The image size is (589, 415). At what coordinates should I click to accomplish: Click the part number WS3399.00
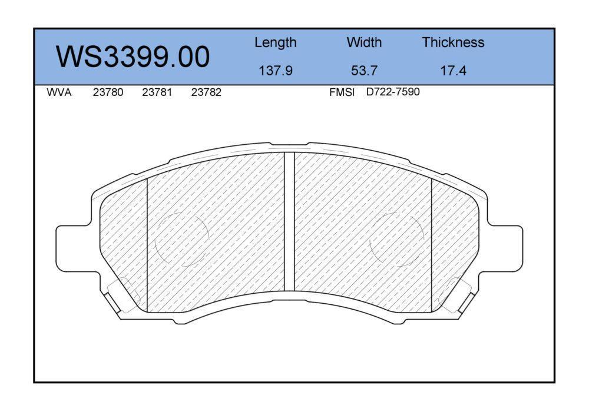[x=133, y=57]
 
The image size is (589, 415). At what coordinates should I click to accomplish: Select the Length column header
[x=275, y=43]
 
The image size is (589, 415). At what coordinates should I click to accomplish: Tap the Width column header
[x=364, y=42]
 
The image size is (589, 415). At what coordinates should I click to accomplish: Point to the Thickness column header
[x=453, y=42]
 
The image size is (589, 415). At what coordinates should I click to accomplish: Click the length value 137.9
[x=275, y=70]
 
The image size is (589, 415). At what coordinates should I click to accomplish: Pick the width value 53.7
[x=364, y=70]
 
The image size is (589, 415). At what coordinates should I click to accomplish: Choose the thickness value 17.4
[x=453, y=70]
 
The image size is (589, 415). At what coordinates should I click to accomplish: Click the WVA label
[x=59, y=92]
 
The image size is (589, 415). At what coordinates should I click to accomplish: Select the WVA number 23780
[x=108, y=92]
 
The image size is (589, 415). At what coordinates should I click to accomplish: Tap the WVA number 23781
[x=157, y=92]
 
